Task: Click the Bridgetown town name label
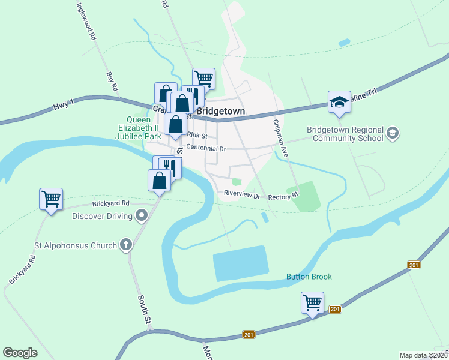coord(221,112)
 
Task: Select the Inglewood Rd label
coord(86,21)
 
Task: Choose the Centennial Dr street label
coord(205,148)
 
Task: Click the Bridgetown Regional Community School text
coord(345,133)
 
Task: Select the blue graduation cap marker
coord(339,102)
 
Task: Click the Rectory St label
coord(283,196)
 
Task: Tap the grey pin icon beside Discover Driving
coord(142,214)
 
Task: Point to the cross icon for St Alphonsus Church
coord(125,244)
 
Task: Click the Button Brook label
coord(309,277)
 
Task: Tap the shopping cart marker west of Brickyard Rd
coord(51,199)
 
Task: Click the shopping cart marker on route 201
coord(313,303)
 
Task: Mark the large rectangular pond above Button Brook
coord(241,263)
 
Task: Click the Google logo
coord(20,353)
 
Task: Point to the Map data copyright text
coord(423,355)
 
